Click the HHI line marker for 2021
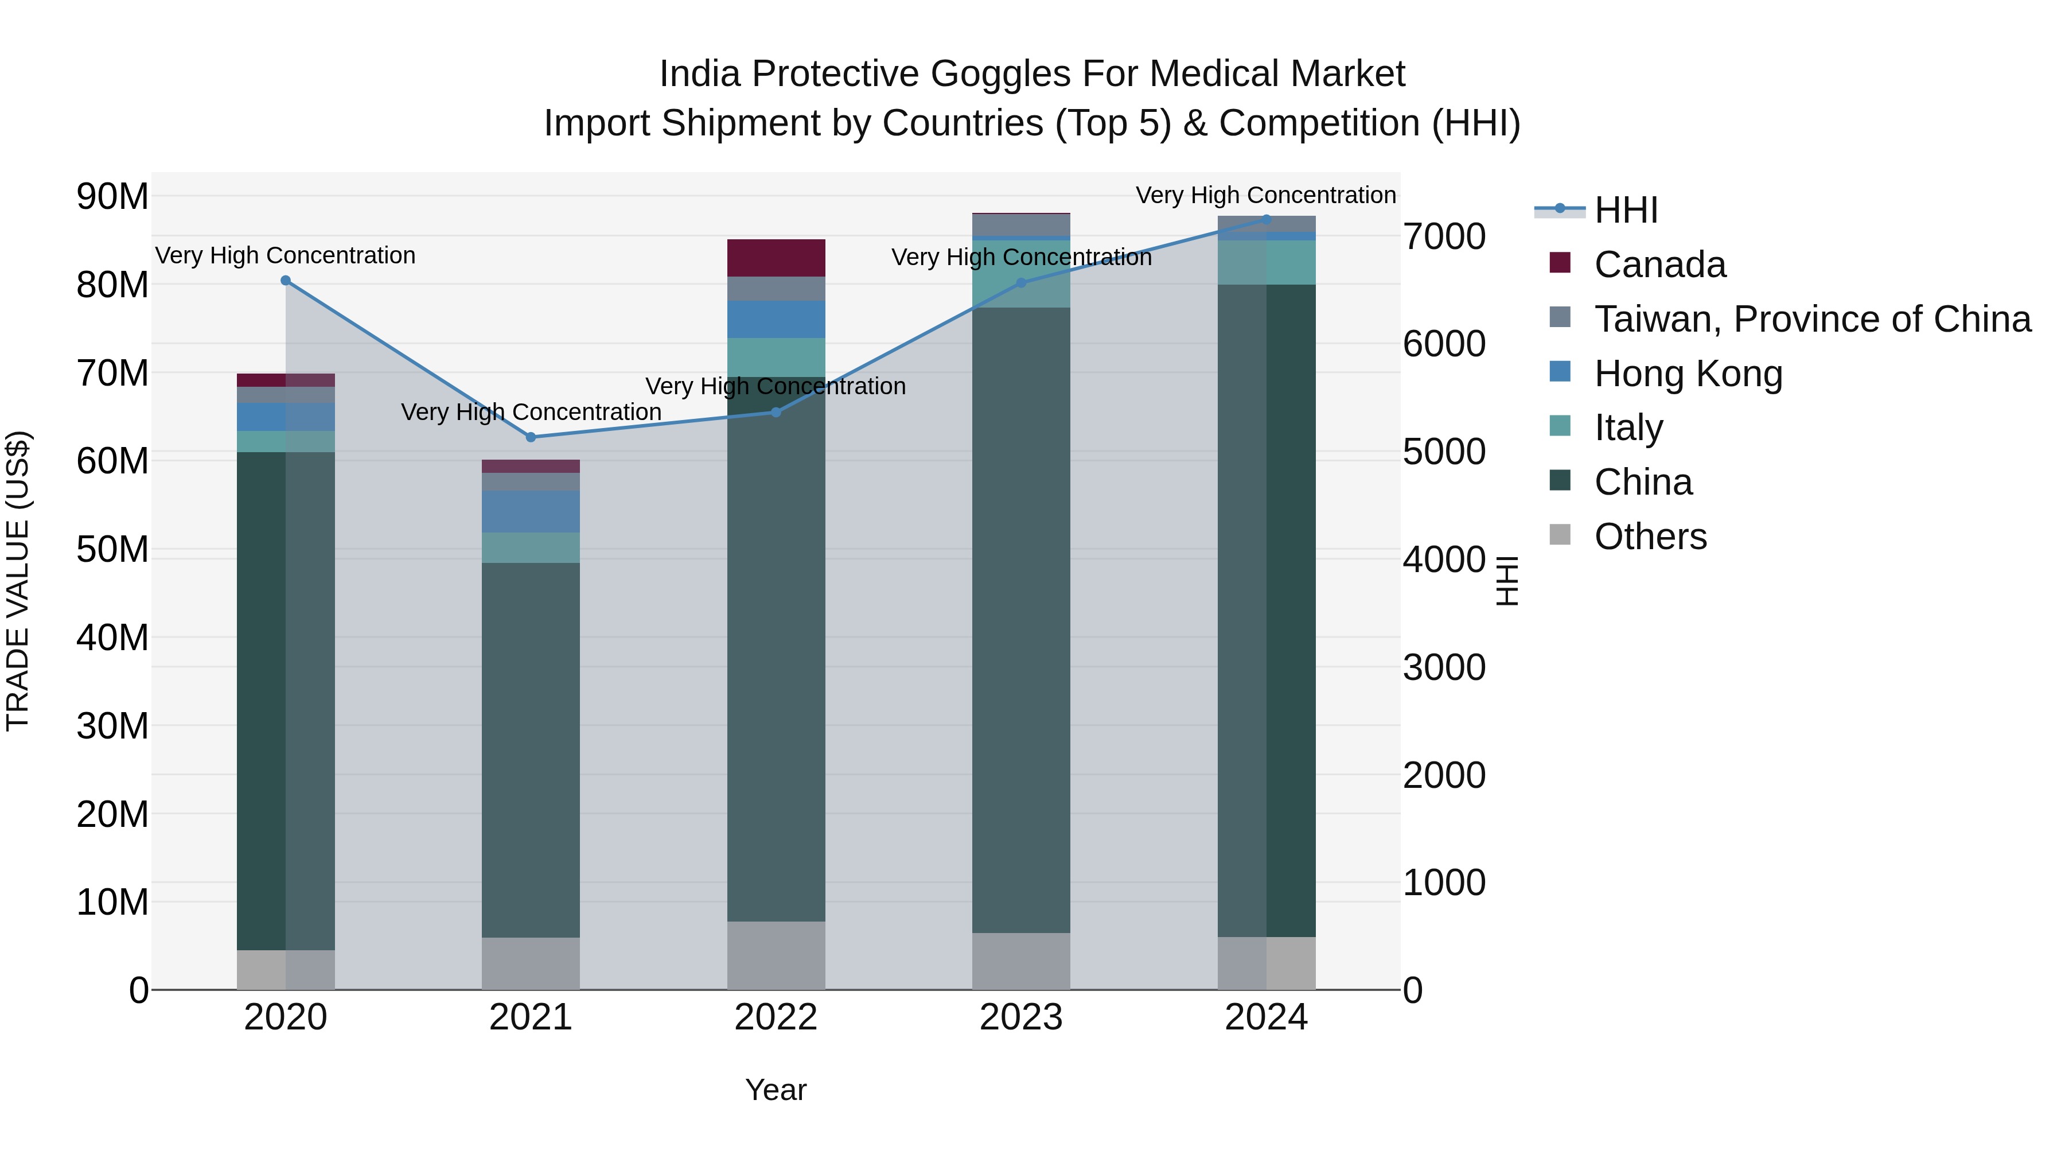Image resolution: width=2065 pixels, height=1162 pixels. click(x=531, y=437)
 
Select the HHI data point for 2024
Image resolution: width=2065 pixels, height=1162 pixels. click(x=1267, y=219)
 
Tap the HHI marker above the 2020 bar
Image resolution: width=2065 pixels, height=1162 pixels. click(x=286, y=281)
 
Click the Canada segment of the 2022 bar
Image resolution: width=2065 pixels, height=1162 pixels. click(x=776, y=258)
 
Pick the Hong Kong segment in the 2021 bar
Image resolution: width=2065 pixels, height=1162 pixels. click(x=531, y=512)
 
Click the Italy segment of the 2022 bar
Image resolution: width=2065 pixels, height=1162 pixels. click(x=776, y=357)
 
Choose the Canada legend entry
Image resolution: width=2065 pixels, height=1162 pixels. click(x=1659, y=265)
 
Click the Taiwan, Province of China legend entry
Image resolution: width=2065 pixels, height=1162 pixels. click(x=1811, y=319)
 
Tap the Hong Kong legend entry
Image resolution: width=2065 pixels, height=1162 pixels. click(x=1688, y=374)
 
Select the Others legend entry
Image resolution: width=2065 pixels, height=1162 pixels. click(x=1650, y=537)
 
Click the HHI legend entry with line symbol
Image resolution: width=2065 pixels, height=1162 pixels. click(x=1626, y=210)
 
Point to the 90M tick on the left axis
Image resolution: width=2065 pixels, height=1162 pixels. click(x=112, y=196)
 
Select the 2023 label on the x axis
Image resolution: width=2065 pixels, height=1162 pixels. click(x=1021, y=1017)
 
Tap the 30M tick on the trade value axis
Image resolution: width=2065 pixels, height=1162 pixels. click(x=112, y=726)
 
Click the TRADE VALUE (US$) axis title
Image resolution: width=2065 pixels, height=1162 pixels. click(x=18, y=581)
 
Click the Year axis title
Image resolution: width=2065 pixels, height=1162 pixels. click(x=775, y=1090)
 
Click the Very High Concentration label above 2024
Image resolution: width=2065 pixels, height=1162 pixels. click(x=1266, y=195)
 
